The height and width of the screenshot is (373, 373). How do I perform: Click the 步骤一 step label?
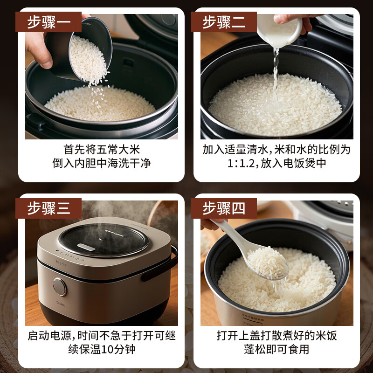[48, 22]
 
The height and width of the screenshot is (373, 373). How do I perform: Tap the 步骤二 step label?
[224, 22]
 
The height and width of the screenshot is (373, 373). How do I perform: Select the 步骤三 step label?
[48, 208]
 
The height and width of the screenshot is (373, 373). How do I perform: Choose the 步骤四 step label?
[224, 208]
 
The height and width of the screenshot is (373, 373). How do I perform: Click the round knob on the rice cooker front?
[60, 286]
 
